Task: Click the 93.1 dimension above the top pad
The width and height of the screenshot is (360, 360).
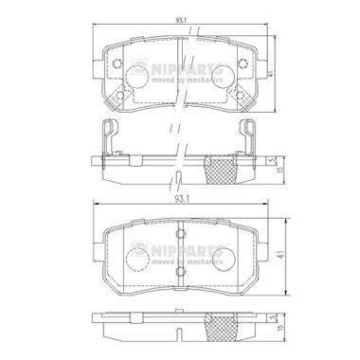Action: pos(181,20)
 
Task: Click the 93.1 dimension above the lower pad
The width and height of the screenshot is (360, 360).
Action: pos(181,199)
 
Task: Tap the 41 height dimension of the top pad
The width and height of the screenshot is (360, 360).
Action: pos(270,74)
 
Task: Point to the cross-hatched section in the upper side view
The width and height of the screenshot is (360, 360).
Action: pos(220,169)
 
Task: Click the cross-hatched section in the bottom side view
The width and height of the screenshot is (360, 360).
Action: pos(222,328)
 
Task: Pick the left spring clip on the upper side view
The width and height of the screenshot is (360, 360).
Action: pos(109,138)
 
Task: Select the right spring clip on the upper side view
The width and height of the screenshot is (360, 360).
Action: pos(249,138)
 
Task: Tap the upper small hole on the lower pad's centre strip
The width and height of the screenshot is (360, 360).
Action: pos(181,234)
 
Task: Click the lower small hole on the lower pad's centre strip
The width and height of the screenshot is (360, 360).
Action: pos(181,270)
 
